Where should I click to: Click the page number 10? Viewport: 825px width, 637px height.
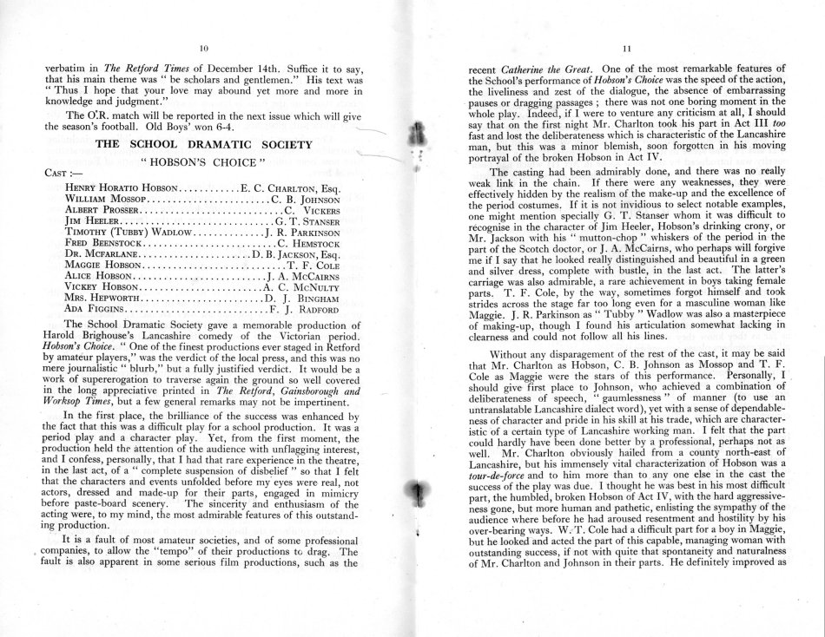pyautogui.click(x=203, y=48)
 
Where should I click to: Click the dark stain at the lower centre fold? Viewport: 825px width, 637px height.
pyautogui.click(x=419, y=495)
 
